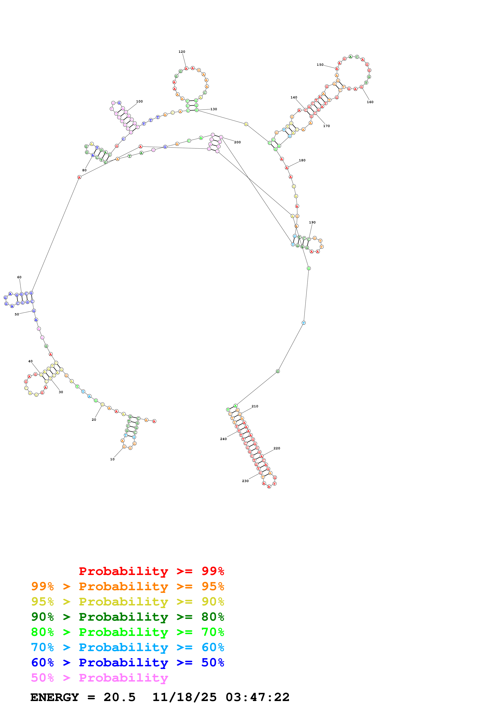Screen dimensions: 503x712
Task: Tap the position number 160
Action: point(370,102)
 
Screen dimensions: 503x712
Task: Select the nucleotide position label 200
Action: point(237,142)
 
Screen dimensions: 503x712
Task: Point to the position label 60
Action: point(19,277)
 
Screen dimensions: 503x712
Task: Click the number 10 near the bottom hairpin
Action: point(112,459)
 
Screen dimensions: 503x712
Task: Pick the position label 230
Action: point(245,481)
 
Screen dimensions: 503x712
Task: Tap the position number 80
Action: point(84,170)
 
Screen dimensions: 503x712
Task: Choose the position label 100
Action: point(139,101)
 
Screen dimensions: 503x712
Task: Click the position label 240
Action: point(223,439)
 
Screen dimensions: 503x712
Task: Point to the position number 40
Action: point(30,361)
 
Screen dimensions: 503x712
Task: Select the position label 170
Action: point(326,126)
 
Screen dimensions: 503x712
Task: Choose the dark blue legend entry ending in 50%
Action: point(127,662)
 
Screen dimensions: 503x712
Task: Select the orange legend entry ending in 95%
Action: point(127,586)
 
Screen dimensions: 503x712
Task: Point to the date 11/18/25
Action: point(184,697)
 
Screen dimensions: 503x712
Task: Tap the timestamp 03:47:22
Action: point(257,697)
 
